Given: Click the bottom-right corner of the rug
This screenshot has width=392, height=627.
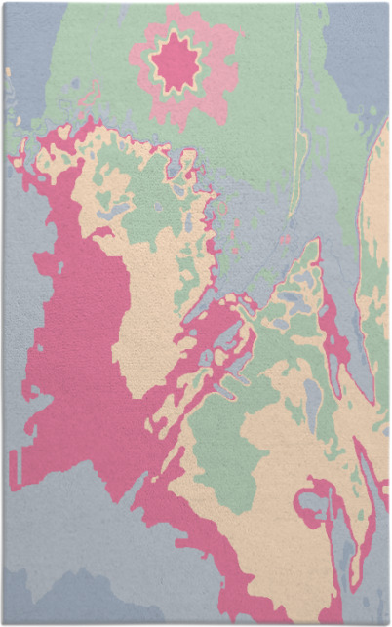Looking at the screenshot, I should click(x=387, y=622).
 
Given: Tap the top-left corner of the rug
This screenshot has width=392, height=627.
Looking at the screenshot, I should click(x=4, y=4).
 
